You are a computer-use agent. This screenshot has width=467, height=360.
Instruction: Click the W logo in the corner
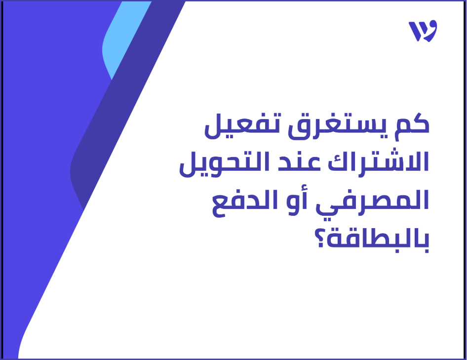tap(423, 32)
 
